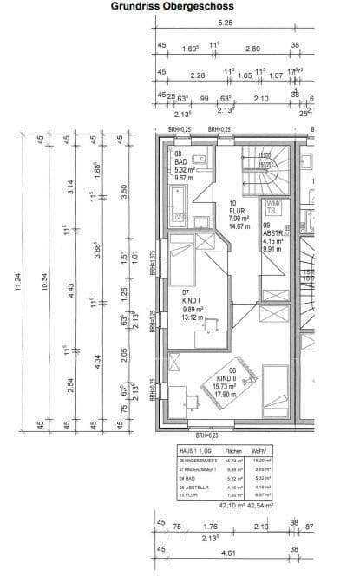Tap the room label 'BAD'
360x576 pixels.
click(180, 161)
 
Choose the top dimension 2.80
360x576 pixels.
click(253, 49)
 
